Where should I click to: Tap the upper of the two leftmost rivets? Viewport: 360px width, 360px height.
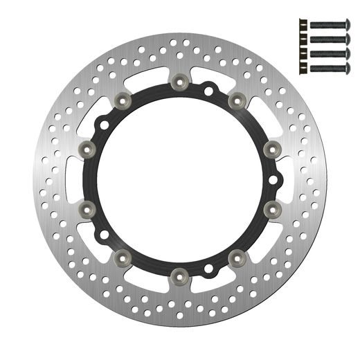88,147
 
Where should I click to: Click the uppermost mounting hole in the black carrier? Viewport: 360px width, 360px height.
208,89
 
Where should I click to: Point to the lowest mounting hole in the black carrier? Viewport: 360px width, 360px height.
207,267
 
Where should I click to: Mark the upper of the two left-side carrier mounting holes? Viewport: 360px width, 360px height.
103,125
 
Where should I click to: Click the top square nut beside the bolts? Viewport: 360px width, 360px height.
301,24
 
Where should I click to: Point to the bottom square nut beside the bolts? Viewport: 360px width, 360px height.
301,69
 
